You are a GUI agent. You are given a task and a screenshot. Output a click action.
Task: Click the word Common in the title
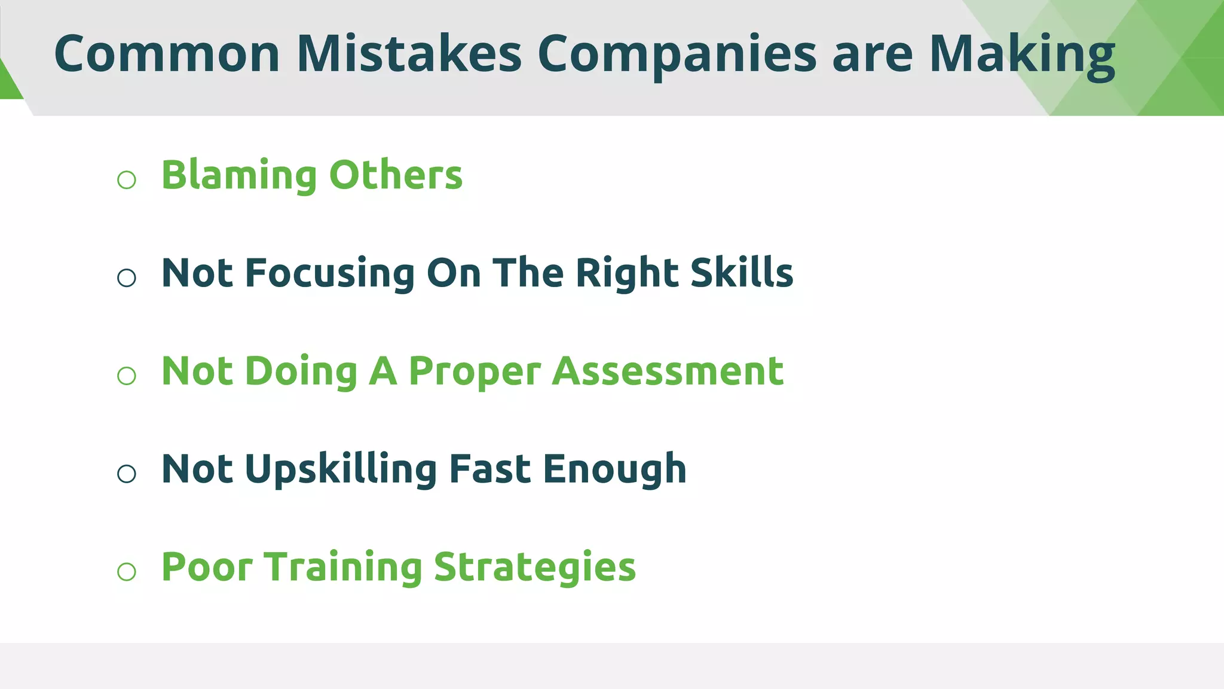tap(167, 54)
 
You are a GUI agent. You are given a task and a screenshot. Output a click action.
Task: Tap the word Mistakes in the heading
tap(409, 54)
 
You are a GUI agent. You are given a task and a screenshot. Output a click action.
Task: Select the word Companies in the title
tap(677, 54)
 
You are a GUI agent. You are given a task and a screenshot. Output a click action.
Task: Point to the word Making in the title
tap(1022, 55)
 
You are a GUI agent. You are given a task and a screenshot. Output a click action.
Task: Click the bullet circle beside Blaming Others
tap(127, 179)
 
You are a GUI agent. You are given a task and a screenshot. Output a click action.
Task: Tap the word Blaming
tap(239, 176)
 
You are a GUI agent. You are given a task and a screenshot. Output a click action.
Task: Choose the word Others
tap(396, 176)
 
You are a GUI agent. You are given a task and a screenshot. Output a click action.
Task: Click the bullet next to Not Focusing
tap(127, 278)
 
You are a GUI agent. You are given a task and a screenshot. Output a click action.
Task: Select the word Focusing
tap(330, 274)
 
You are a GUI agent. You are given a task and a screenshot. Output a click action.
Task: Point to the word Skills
tap(742, 273)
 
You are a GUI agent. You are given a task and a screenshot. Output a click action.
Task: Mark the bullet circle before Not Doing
tap(127, 376)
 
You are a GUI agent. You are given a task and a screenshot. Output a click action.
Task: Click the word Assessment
tap(668, 371)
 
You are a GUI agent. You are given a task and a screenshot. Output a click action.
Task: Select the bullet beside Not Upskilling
tap(127, 474)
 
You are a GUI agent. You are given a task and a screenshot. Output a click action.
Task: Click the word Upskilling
tap(341, 470)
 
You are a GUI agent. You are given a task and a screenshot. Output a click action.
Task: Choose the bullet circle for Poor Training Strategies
tap(127, 572)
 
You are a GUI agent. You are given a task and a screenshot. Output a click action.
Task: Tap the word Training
tap(343, 568)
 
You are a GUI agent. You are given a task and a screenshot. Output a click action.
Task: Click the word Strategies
tap(535, 568)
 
